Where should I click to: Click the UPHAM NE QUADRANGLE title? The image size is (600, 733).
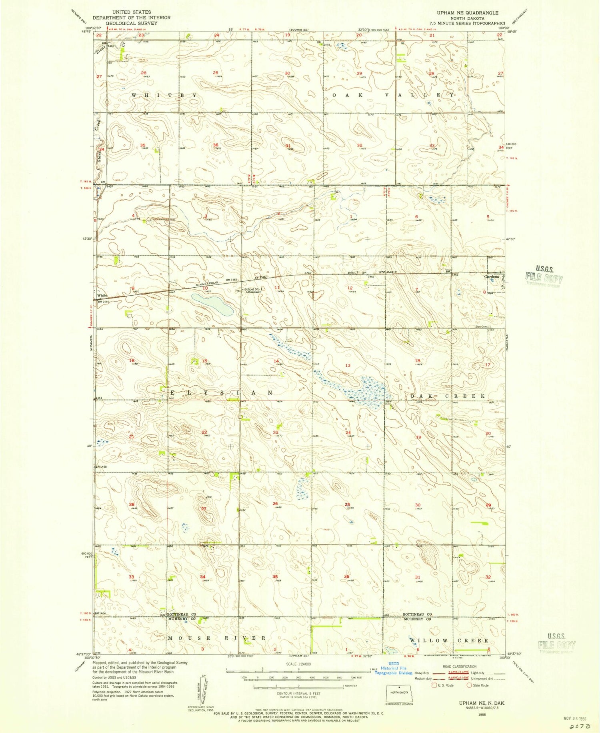pyautogui.click(x=467, y=13)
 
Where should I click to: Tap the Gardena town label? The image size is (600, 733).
pyautogui.click(x=492, y=276)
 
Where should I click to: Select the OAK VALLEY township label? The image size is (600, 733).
pyautogui.click(x=394, y=95)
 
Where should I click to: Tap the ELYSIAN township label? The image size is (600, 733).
pyautogui.click(x=218, y=393)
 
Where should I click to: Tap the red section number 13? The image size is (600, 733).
pyautogui.click(x=348, y=365)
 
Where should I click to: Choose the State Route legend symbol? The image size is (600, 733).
pyautogui.click(x=470, y=685)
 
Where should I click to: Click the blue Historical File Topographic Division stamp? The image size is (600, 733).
pyautogui.click(x=393, y=671)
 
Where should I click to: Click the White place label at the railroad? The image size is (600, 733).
pyautogui.click(x=102, y=295)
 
